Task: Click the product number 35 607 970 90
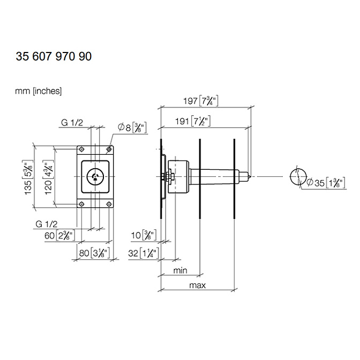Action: tap(54, 56)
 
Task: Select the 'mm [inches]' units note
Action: tap(39, 91)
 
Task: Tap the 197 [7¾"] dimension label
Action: tap(201, 101)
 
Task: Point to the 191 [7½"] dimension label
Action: tap(193, 121)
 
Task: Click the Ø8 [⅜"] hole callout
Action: tap(132, 127)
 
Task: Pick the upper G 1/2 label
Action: tap(72, 123)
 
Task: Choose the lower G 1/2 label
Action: tap(47, 224)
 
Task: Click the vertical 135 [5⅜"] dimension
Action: tap(29, 177)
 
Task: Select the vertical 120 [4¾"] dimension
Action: tap(49, 177)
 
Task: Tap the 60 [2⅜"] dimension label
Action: tap(59, 236)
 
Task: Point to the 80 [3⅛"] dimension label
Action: tap(94, 253)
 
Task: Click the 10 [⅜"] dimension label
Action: tap(144, 235)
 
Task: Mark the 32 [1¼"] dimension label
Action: tap(144, 253)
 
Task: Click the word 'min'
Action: tap(180, 271)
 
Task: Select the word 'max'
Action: tap(198, 286)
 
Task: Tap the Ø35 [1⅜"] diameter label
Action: tap(326, 183)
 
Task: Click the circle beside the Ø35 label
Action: tap(298, 177)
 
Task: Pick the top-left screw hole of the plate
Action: tap(81, 149)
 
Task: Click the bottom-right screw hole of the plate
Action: tap(109, 204)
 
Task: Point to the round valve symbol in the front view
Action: tap(95, 177)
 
